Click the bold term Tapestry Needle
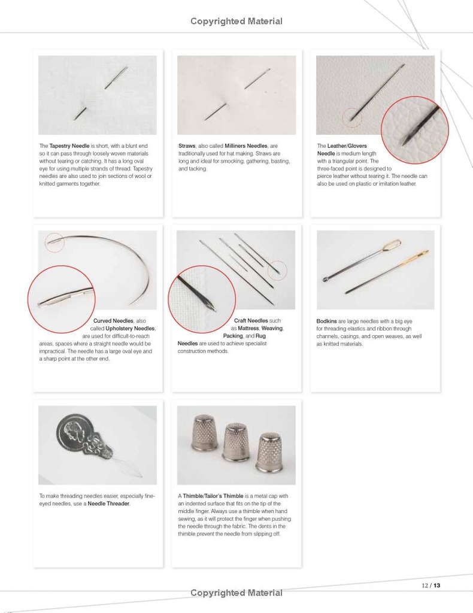tap(69, 145)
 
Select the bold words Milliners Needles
tap(245, 145)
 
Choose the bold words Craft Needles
tap(251, 321)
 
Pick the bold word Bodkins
tap(327, 321)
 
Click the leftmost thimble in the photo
tap(204, 433)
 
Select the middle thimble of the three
tap(236, 442)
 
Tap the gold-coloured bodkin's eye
tap(422, 254)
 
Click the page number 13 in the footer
tap(437, 585)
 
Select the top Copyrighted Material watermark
tap(236, 22)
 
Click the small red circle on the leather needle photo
tap(352, 117)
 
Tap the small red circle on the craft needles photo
tap(277, 270)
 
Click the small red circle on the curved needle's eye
tap(54, 242)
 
